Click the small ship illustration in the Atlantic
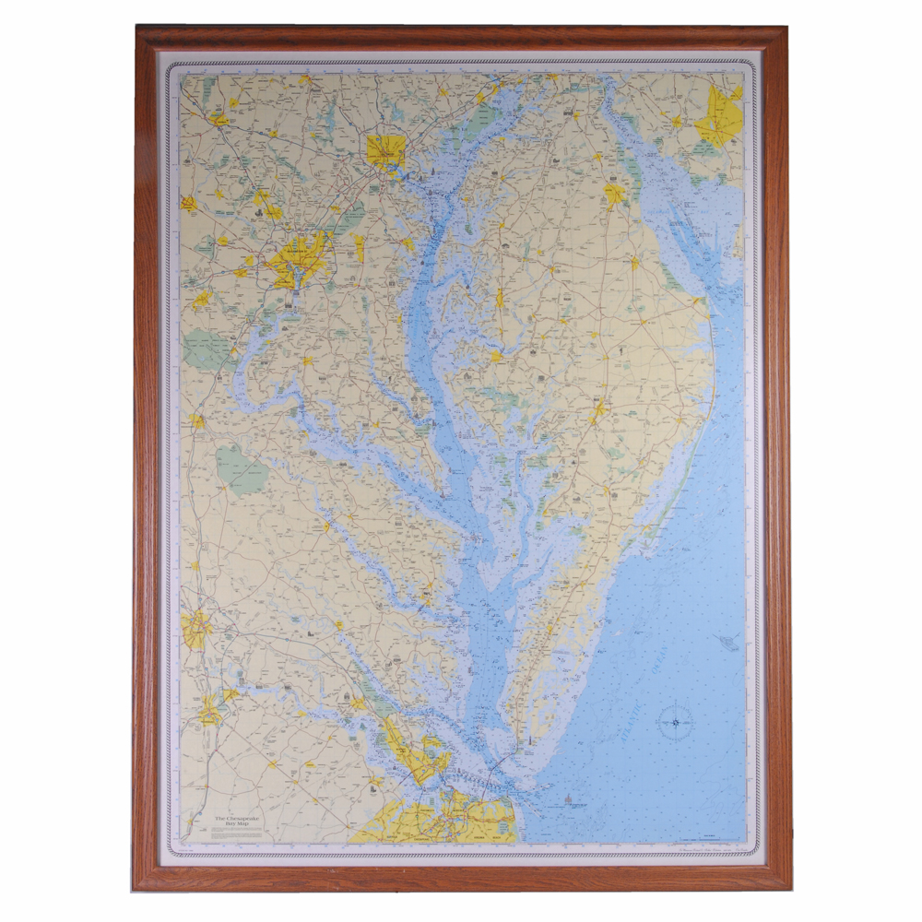[726, 643]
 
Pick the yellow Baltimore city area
[386, 150]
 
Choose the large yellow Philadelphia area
[722, 116]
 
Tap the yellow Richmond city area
[196, 629]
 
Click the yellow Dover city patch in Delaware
[614, 194]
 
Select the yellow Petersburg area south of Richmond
[211, 708]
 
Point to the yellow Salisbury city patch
[599, 408]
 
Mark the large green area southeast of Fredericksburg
[242, 470]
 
